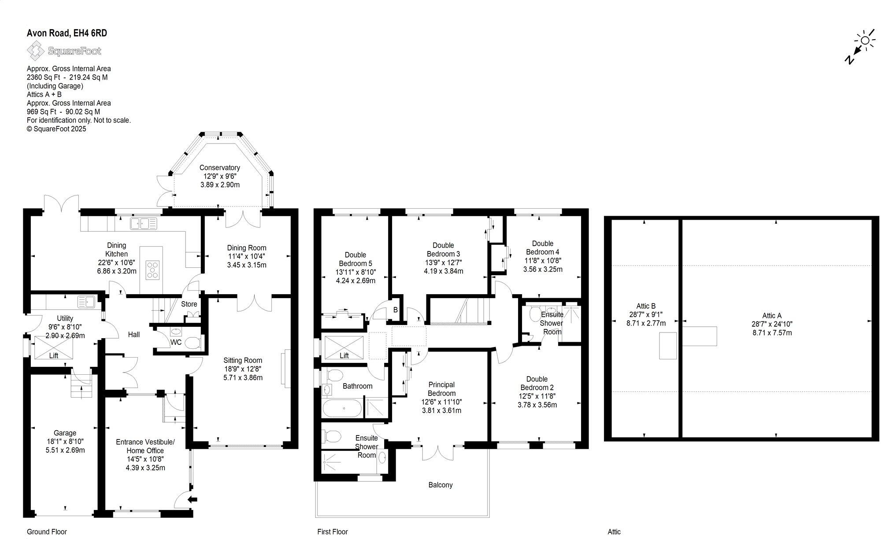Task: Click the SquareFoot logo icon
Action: [x=35, y=51]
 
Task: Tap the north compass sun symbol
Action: [x=865, y=41]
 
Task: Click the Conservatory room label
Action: [x=219, y=168]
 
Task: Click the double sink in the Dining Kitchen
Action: [x=143, y=223]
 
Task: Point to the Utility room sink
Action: [x=86, y=302]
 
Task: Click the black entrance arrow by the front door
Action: [x=192, y=499]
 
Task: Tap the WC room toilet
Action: [x=192, y=343]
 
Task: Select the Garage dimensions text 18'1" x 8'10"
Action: [x=65, y=441]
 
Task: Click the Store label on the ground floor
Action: [x=189, y=304]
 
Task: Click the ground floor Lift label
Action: [x=53, y=356]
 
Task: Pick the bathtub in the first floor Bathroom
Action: [x=342, y=408]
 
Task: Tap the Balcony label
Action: [x=440, y=485]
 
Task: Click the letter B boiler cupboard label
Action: [x=395, y=310]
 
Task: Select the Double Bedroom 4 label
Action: [x=542, y=247]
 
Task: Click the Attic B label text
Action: [x=646, y=306]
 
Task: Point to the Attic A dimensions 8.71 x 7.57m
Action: [x=772, y=332]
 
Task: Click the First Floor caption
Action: [x=332, y=532]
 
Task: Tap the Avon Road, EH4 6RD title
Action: [x=67, y=33]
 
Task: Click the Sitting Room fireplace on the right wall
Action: [x=288, y=369]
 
